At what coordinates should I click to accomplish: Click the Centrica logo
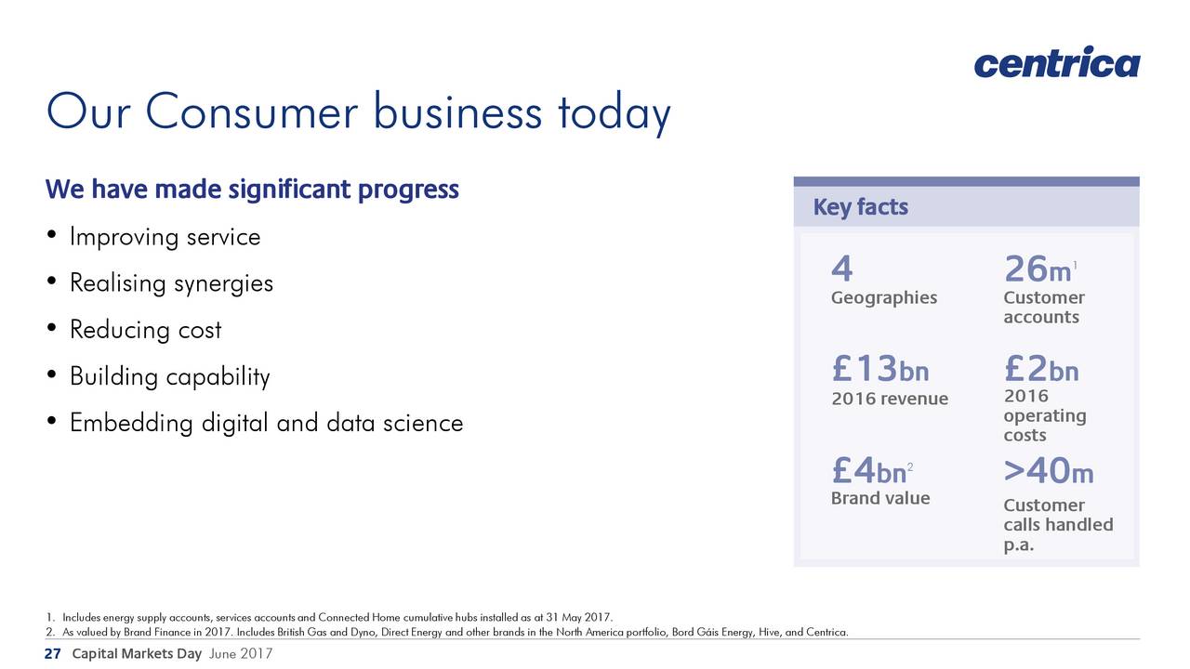click(1057, 62)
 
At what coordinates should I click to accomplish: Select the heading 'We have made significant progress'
click(252, 190)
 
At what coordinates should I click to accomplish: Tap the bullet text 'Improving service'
click(165, 237)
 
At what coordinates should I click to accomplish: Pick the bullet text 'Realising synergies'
click(172, 283)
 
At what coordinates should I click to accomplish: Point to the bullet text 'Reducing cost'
click(146, 330)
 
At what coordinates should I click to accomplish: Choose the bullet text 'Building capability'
click(170, 377)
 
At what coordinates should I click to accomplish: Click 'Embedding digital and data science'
click(266, 424)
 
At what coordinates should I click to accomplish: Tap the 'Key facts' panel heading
click(861, 207)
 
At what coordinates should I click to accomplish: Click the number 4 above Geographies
click(842, 269)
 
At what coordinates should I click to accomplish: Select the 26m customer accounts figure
click(1040, 269)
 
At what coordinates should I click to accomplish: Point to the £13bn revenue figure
click(880, 369)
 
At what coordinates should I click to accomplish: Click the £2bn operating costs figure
click(1041, 369)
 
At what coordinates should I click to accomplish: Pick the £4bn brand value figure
click(872, 470)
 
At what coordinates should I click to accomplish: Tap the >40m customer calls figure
click(1049, 470)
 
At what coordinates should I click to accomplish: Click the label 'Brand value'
click(880, 498)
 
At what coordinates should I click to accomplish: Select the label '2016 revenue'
click(890, 399)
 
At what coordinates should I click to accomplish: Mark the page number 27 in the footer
click(53, 653)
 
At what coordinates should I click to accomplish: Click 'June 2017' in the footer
click(241, 653)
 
